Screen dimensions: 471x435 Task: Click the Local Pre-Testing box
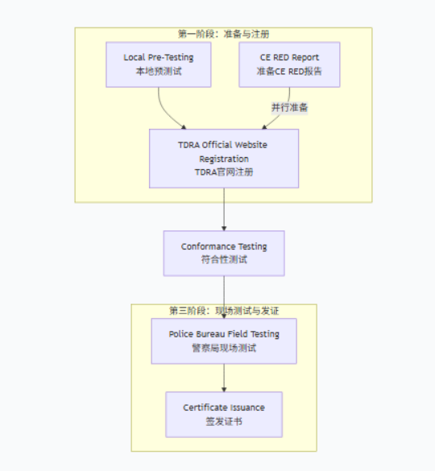(158, 64)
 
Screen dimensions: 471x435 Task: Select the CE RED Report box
(289, 64)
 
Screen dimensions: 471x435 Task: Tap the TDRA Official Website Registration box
(224, 159)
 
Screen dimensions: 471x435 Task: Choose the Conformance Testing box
(224, 253)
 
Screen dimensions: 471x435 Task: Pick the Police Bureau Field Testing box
(224, 341)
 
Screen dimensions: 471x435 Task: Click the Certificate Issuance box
(224, 414)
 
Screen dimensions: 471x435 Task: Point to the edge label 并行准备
(289, 107)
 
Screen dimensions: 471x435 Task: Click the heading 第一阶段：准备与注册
(224, 35)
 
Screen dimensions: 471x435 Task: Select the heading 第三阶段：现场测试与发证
(224, 311)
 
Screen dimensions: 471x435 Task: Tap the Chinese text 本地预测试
(158, 71)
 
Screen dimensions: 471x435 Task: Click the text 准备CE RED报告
(289, 71)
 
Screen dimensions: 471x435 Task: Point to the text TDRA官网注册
(224, 172)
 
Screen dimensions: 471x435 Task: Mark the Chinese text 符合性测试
(224, 260)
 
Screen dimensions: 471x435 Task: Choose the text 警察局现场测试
(224, 348)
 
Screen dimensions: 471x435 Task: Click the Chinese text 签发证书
(224, 421)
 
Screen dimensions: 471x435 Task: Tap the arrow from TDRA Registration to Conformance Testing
(224, 209)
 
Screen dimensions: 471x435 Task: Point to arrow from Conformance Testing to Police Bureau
(224, 294)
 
